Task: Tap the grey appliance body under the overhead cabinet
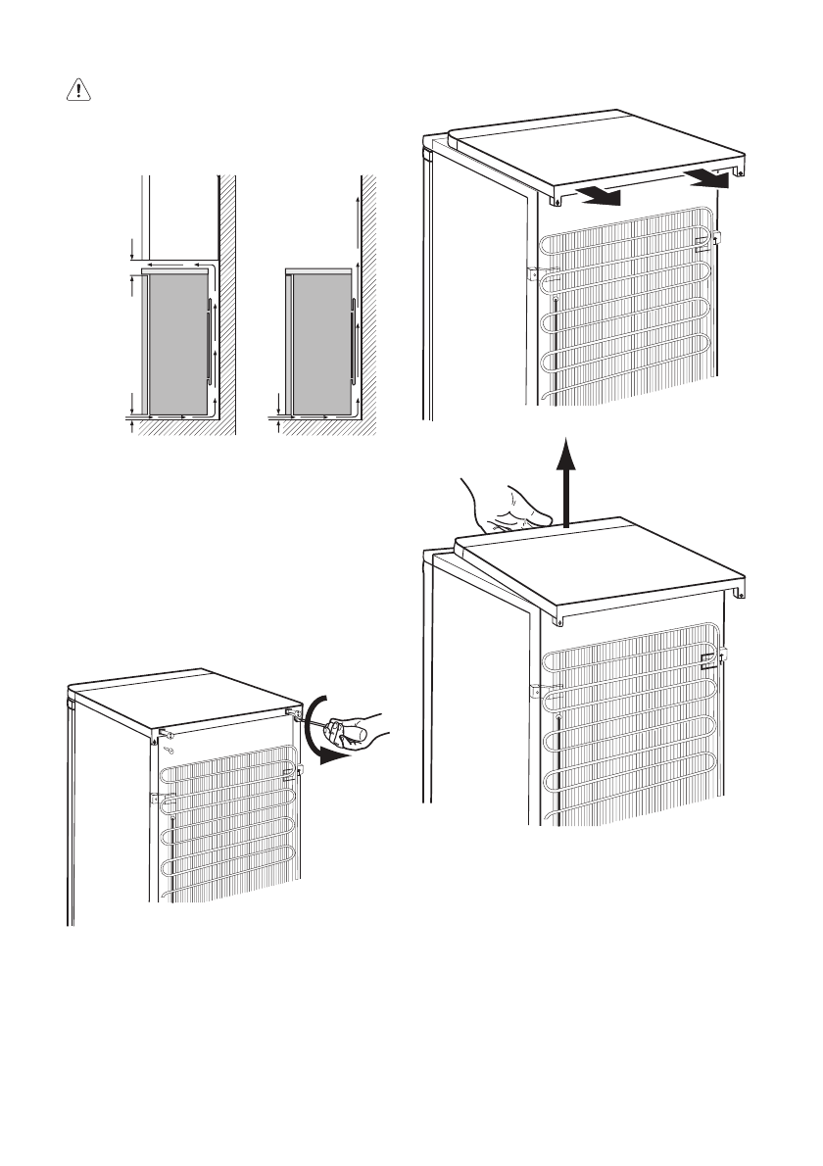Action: pyautogui.click(x=176, y=343)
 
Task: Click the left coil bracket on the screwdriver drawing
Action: pyautogui.click(x=156, y=799)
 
